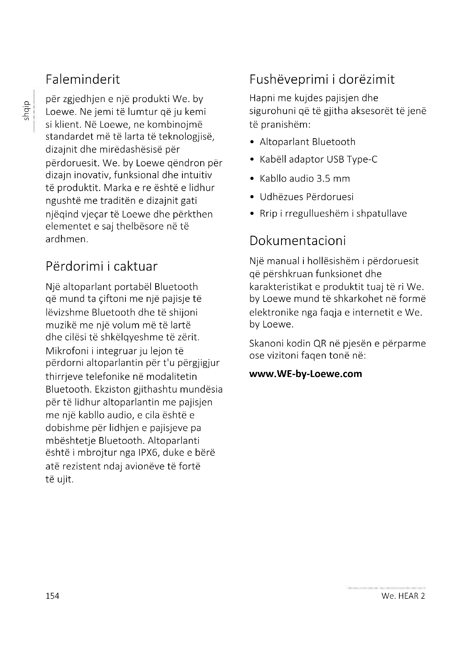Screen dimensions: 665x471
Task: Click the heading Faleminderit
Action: point(83,80)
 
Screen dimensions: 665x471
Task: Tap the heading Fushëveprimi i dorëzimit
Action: point(322,80)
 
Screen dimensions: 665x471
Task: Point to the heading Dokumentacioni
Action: point(298,241)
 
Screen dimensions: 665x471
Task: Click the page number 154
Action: point(52,596)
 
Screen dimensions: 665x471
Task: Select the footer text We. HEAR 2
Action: point(403,596)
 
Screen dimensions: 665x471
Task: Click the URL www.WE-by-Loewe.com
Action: point(306,374)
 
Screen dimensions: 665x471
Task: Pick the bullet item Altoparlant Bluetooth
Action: point(308,142)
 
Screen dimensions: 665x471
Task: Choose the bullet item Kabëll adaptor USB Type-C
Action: point(318,159)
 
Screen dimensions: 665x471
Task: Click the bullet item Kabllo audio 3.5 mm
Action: point(305,179)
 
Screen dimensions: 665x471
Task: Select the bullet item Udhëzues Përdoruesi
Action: point(307,197)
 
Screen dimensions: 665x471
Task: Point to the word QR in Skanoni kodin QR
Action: point(320,343)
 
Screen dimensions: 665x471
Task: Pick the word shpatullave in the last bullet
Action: point(381,214)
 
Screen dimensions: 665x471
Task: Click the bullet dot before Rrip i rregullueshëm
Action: point(252,214)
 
